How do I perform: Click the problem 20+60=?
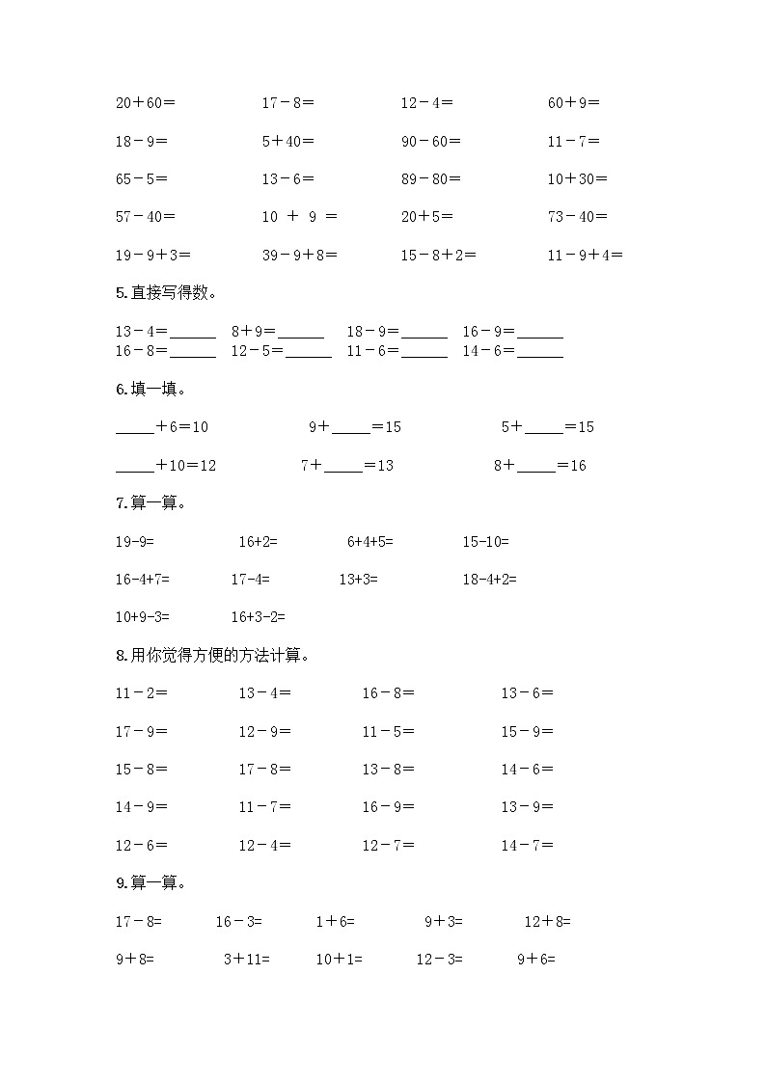tap(146, 102)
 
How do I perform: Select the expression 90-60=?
tap(431, 141)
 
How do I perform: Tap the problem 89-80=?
tap(431, 178)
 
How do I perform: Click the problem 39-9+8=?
tap(299, 256)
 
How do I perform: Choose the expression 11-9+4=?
tap(585, 256)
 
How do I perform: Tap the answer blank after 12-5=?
tap(309, 353)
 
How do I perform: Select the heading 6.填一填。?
tap(150, 390)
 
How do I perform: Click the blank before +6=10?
tap(134, 428)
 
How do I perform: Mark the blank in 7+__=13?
tap(343, 467)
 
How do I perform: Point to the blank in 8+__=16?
tap(536, 467)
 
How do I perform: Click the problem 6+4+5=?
tap(370, 542)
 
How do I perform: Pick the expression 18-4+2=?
tap(490, 580)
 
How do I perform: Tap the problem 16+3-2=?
tap(259, 617)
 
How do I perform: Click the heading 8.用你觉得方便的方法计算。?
tap(212, 656)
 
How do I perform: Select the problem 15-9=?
tap(527, 731)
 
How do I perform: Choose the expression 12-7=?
tap(389, 846)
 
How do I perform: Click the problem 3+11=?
tap(247, 960)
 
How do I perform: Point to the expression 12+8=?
tap(548, 922)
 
